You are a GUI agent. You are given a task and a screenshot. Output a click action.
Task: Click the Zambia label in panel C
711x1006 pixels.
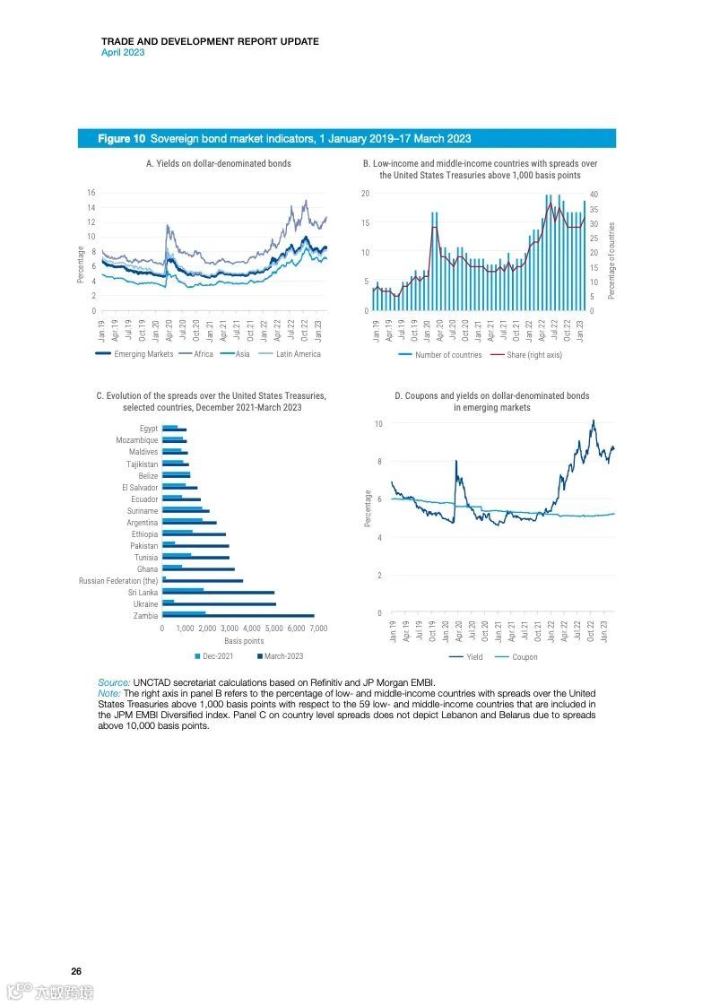click(146, 616)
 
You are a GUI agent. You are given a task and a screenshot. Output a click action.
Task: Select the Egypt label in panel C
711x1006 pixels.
click(149, 429)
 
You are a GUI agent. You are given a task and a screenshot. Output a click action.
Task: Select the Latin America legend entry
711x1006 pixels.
click(298, 354)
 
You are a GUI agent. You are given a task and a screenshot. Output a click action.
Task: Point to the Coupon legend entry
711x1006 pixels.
click(525, 657)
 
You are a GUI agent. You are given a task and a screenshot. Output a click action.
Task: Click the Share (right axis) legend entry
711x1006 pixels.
click(534, 355)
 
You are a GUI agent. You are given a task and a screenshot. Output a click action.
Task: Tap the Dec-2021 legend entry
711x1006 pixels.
click(218, 656)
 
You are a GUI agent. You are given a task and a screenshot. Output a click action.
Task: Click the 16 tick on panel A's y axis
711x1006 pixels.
click(91, 193)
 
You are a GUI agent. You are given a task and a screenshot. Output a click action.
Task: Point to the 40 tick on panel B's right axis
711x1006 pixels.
click(594, 195)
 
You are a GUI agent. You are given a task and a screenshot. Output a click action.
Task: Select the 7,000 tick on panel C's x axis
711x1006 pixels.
click(318, 629)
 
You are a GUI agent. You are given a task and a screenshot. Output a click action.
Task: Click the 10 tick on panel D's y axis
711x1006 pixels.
click(379, 423)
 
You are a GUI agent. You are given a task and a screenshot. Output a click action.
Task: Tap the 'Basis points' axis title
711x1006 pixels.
click(244, 641)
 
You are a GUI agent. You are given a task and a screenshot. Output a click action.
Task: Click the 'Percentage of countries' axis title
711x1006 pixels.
click(612, 261)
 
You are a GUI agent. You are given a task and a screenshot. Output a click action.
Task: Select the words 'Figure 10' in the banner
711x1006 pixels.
click(121, 139)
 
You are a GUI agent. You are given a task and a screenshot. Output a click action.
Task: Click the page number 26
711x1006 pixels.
click(76, 972)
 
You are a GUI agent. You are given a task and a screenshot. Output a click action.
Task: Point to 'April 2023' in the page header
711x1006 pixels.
click(122, 52)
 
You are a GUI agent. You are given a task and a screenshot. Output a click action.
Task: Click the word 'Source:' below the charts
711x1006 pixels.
click(114, 683)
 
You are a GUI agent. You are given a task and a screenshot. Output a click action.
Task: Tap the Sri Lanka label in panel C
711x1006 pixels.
click(143, 593)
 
